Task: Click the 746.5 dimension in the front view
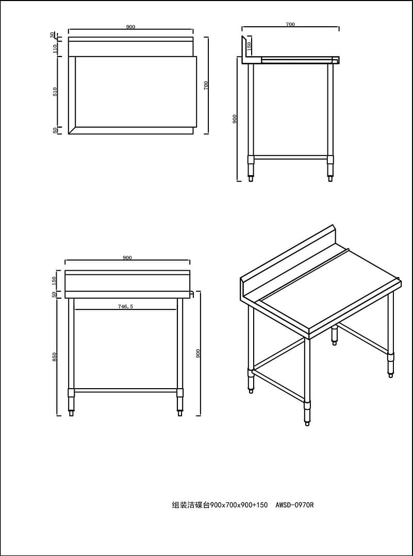click(x=125, y=306)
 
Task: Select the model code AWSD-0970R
click(x=294, y=505)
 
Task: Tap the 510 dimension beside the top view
click(x=55, y=92)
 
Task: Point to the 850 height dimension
click(x=55, y=357)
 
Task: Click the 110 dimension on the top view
click(x=55, y=48)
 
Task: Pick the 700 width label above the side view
click(x=290, y=24)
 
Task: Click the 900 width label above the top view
click(x=130, y=27)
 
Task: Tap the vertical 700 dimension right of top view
click(x=206, y=85)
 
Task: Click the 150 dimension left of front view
click(x=54, y=280)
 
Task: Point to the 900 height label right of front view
click(x=199, y=353)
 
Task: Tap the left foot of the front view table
click(x=71, y=413)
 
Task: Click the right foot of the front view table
click(x=180, y=413)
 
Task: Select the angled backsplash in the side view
click(x=244, y=49)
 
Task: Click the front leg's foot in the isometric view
click(x=307, y=423)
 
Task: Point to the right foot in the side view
click(x=330, y=178)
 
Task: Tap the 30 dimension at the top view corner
click(x=53, y=34)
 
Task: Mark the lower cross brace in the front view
click(x=125, y=390)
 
